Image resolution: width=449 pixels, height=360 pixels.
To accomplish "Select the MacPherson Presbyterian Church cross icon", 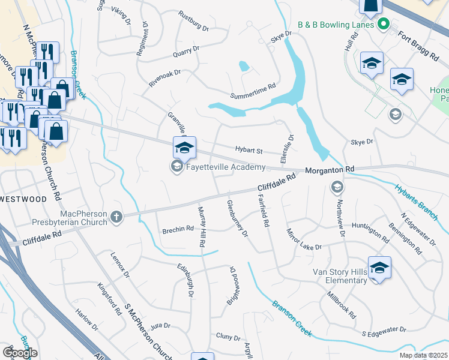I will tap(116, 217).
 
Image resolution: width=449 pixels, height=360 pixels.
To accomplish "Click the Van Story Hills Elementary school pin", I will tap(379, 268).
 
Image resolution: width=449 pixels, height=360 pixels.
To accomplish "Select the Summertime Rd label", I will tap(253, 92).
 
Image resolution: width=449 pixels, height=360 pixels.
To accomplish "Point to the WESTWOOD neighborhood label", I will tap(23, 198).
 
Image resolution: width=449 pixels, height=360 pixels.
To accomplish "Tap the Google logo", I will tap(20, 353).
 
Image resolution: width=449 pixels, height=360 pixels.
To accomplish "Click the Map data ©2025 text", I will tap(424, 355).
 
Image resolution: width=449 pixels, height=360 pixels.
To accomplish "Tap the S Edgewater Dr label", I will tap(384, 331).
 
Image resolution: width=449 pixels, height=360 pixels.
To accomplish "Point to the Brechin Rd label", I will tap(178, 229).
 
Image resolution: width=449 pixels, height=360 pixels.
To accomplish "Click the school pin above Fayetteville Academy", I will tap(184, 147).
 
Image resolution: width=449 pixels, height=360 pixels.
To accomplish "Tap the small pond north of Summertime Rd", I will tap(244, 66).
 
